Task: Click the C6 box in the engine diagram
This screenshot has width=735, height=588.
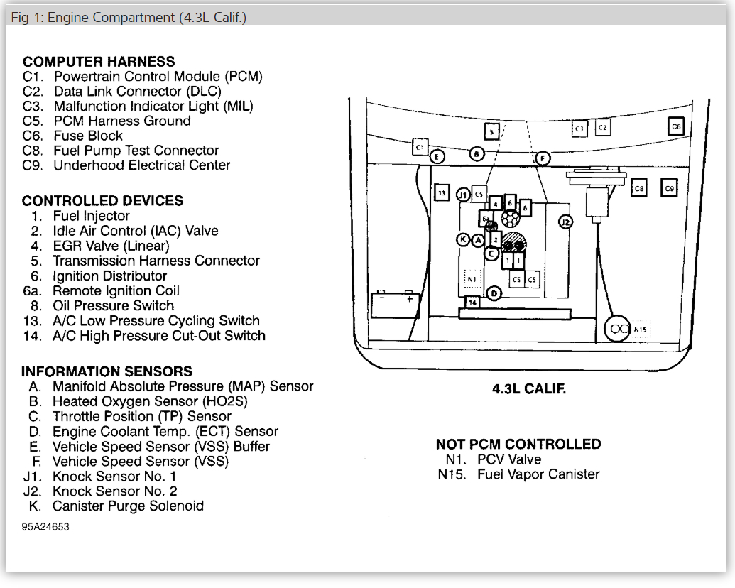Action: (677, 126)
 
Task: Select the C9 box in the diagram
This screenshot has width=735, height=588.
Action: (669, 188)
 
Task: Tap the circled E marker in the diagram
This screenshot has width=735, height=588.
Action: (437, 156)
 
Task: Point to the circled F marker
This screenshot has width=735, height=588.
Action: (543, 158)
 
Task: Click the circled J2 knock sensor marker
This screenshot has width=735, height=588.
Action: (565, 222)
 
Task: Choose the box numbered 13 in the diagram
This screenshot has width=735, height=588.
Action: (442, 192)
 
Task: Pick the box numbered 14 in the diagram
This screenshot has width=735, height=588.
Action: (472, 302)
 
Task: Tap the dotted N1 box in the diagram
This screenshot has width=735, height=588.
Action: (472, 278)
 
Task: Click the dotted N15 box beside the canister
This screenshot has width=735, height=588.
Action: (641, 329)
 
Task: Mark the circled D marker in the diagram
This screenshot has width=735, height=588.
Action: (495, 293)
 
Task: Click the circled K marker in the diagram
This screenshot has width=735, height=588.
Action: (463, 240)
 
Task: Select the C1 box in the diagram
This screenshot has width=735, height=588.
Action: (419, 147)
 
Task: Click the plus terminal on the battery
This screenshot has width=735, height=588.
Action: (410, 299)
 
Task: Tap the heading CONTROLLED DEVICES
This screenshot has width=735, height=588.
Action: (102, 201)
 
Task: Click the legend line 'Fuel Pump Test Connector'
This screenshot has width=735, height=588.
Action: (136, 151)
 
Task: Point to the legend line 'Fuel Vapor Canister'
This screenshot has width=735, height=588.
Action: (538, 474)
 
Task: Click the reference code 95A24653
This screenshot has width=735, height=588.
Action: (45, 527)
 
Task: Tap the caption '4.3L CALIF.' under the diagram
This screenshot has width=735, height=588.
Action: (529, 389)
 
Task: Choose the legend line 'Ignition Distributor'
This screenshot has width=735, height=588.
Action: (110, 276)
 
